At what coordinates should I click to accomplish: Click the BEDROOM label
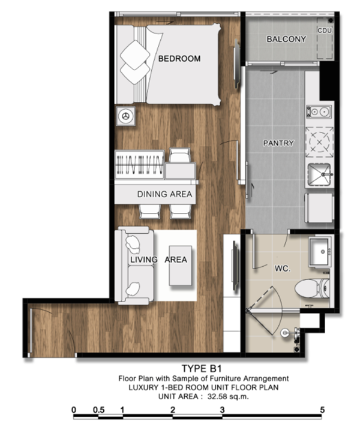pyautogui.click(x=179, y=59)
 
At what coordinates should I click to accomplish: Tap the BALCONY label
pyautogui.click(x=286, y=39)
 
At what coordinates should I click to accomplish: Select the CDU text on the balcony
pyautogui.click(x=325, y=31)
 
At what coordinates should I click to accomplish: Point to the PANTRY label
pyautogui.click(x=278, y=143)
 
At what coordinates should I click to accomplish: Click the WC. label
pyautogui.click(x=283, y=269)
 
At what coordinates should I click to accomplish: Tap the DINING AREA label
pyautogui.click(x=164, y=194)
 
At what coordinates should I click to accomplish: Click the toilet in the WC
pyautogui.click(x=313, y=288)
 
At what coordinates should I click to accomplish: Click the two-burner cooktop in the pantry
pyautogui.click(x=319, y=111)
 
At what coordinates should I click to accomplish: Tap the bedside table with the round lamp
pyautogui.click(x=126, y=116)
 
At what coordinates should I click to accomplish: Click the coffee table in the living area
pyautogui.click(x=181, y=266)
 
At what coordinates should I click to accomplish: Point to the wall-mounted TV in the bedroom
pyautogui.click(x=236, y=64)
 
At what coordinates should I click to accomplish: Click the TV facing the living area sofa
pyautogui.click(x=236, y=267)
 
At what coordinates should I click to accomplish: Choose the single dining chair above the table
pyautogui.click(x=180, y=155)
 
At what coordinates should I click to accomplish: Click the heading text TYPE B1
pyautogui.click(x=202, y=369)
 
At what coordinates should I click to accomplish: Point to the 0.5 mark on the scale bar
pyautogui.click(x=99, y=410)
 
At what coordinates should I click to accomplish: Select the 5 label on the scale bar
pyautogui.click(x=322, y=410)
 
